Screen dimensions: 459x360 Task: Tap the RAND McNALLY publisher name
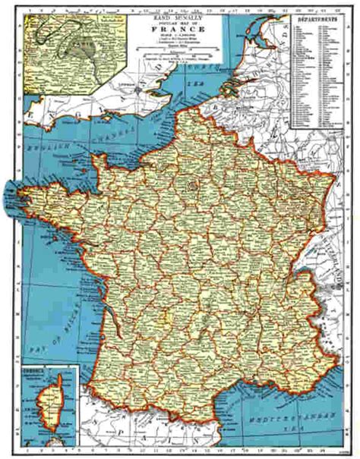(176, 10)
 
